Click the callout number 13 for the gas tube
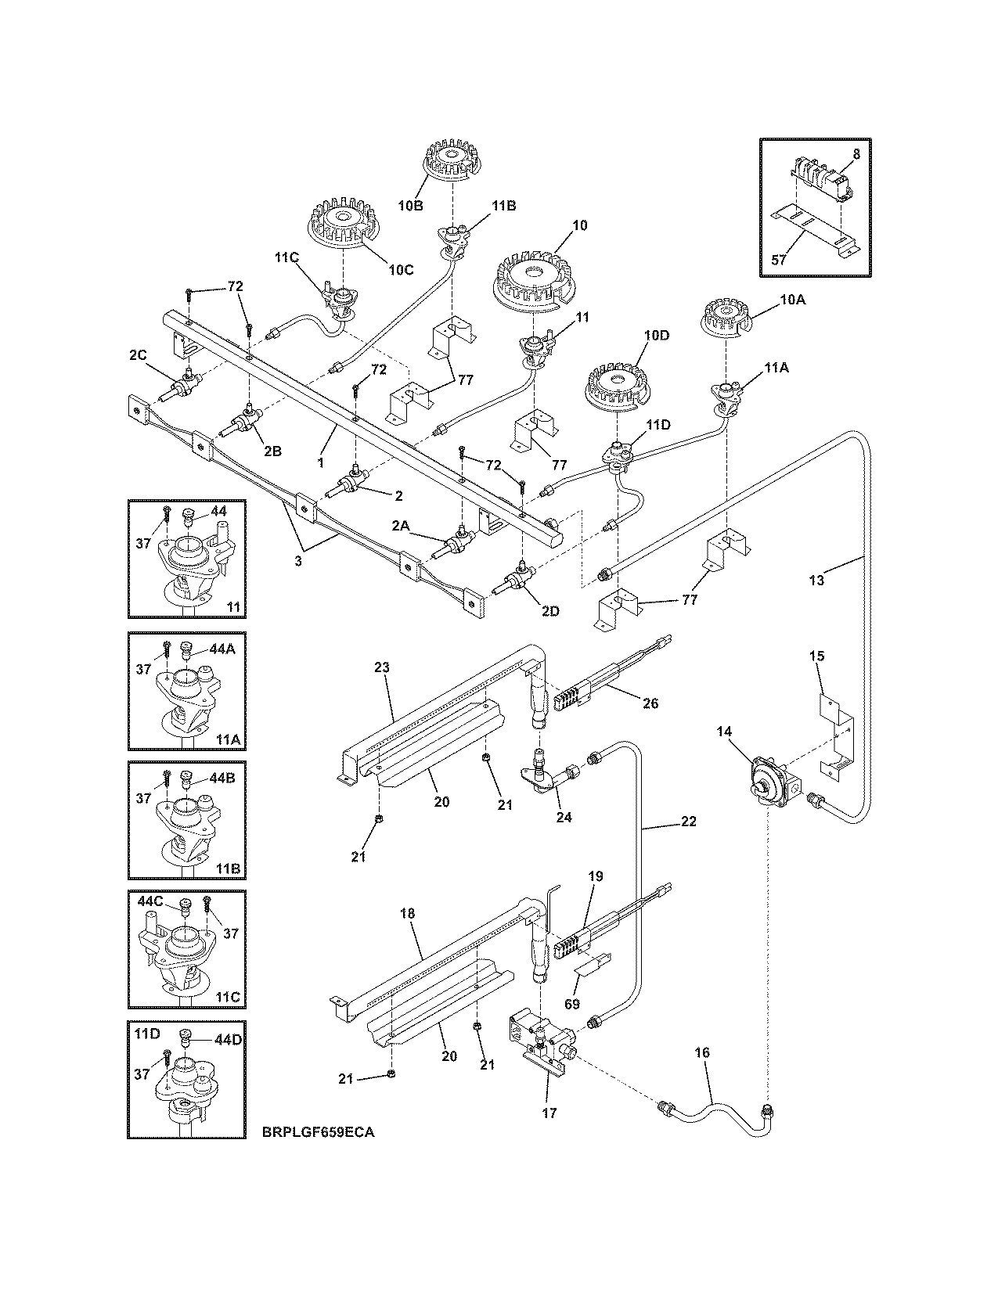tap(816, 581)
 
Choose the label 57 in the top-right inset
tap(778, 260)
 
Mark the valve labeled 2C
tap(186, 385)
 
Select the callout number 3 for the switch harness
tap(297, 561)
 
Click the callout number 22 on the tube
tap(688, 822)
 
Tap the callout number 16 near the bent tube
tap(702, 1053)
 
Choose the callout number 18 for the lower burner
tap(406, 913)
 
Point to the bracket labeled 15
tap(835, 728)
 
